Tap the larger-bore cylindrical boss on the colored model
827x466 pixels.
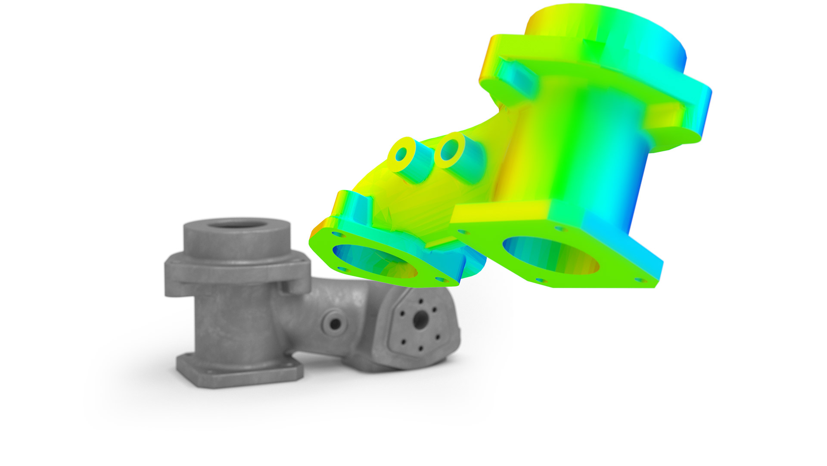(450, 150)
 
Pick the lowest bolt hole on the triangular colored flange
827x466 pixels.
(440, 280)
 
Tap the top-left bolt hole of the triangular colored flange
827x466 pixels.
(336, 236)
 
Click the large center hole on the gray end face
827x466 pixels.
(420, 319)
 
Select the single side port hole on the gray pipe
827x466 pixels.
(334, 322)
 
